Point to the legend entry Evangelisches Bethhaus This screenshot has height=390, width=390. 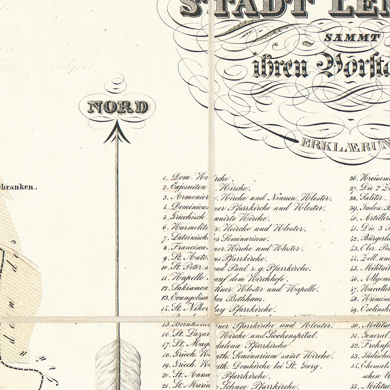[217, 299]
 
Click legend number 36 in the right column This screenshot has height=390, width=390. [354, 178]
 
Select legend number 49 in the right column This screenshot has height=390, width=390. [354, 310]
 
